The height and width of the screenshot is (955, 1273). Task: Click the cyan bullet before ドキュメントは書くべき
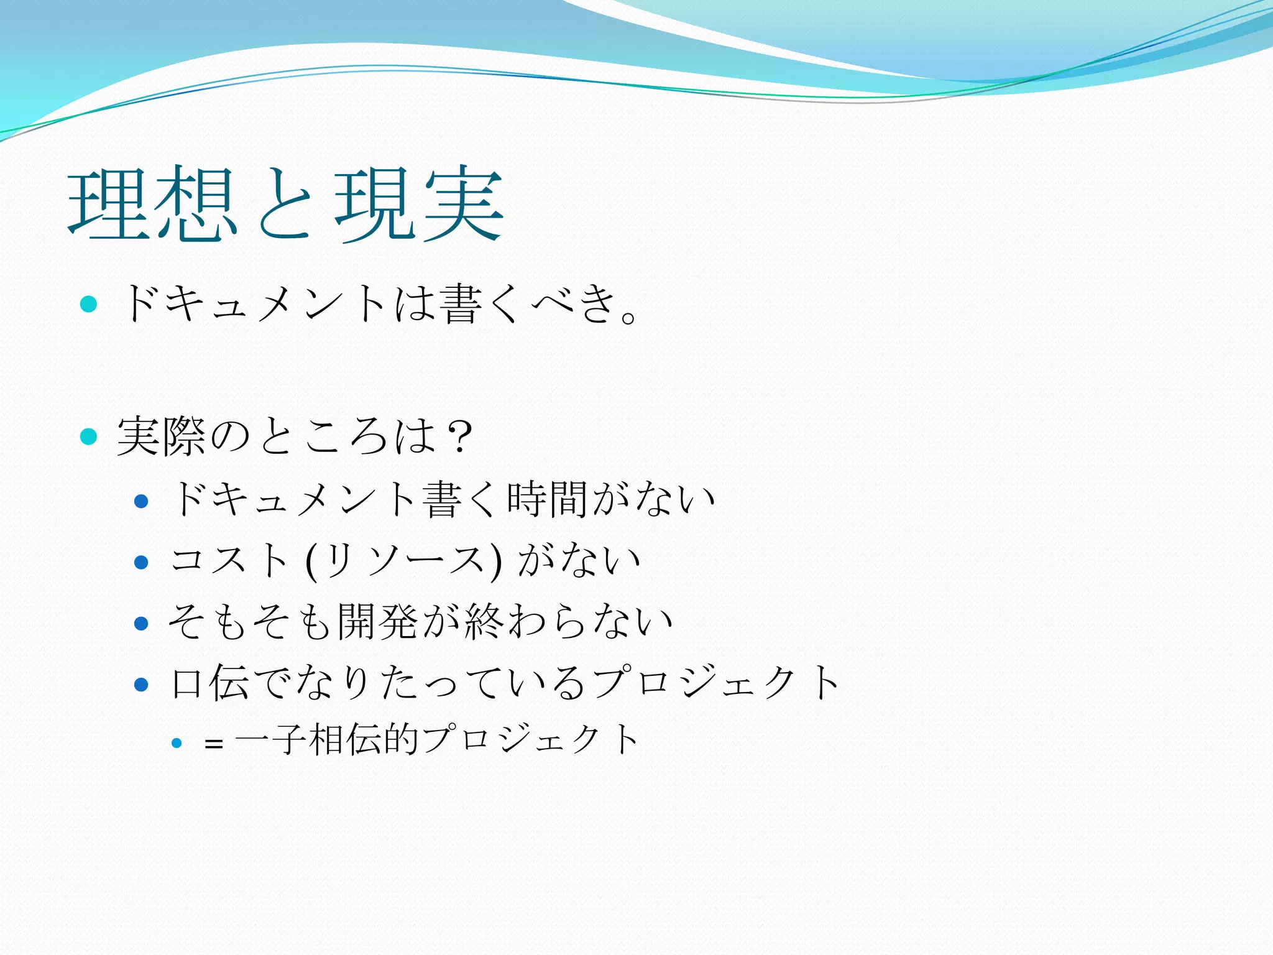tap(89, 304)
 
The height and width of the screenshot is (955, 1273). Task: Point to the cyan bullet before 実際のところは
tap(89, 436)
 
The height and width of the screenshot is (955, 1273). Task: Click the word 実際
tap(161, 436)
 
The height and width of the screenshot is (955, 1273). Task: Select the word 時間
tap(547, 499)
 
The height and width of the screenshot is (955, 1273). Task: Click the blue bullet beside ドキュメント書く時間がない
tap(141, 501)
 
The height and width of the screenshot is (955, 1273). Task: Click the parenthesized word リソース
tap(404, 560)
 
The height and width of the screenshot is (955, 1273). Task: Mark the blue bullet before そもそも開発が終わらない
tap(141, 623)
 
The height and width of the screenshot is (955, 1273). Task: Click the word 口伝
tap(209, 683)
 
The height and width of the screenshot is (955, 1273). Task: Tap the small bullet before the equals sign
tap(177, 742)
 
